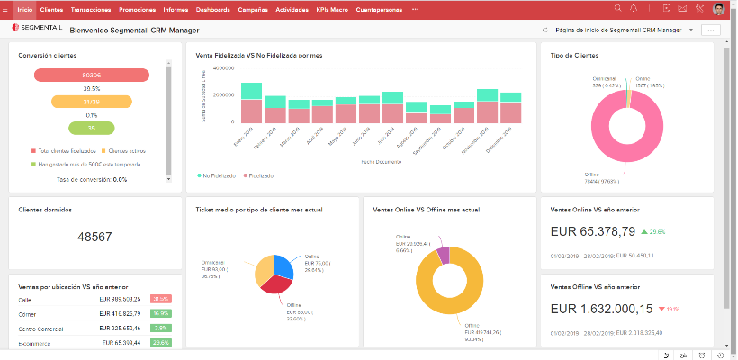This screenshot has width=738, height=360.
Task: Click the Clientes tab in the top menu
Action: [51, 8]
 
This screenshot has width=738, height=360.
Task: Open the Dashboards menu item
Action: [212, 8]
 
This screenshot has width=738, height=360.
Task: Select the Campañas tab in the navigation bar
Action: [253, 8]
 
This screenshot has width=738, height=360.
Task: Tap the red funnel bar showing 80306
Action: [90, 76]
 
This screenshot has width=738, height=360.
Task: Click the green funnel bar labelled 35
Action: [90, 128]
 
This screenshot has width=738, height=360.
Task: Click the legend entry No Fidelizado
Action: [217, 175]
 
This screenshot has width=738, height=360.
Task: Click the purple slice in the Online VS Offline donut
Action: [442, 254]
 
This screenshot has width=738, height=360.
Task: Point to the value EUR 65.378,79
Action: [593, 231]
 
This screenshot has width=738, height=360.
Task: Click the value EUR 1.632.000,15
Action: [600, 309]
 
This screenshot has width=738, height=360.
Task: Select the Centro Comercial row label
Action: [41, 328]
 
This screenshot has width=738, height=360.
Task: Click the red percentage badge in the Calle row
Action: [161, 299]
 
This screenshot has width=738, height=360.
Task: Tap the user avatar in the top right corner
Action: [719, 8]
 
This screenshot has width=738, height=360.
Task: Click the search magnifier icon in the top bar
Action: [617, 8]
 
